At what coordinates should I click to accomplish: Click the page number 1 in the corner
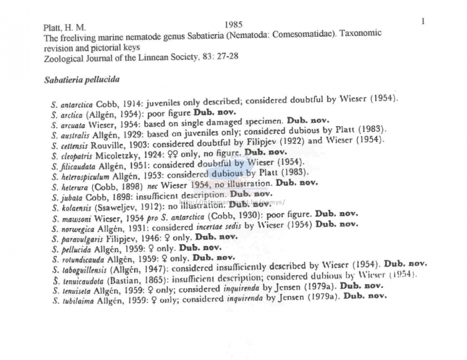423,21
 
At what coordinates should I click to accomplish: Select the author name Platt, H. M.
64,28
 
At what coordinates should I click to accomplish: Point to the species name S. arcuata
71,123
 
